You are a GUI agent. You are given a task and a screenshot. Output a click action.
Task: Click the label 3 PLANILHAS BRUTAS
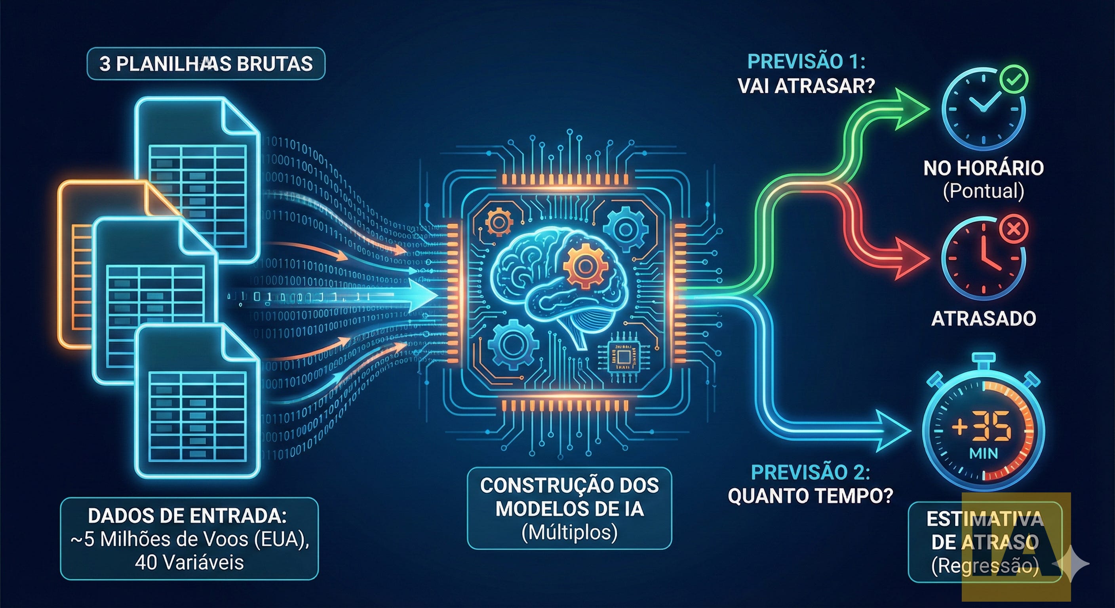pos(206,64)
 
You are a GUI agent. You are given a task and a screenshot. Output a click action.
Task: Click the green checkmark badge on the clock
pos(1014,79)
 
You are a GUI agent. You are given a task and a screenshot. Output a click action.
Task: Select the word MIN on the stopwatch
pos(984,454)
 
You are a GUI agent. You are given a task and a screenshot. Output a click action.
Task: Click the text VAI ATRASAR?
pos(806,86)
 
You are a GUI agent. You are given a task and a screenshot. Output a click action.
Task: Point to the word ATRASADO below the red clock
pos(984,319)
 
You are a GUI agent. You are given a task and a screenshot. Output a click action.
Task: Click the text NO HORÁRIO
pos(984,168)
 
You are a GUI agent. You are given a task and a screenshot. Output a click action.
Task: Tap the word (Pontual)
pos(984,191)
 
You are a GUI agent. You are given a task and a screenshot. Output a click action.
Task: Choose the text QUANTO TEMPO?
pos(810,496)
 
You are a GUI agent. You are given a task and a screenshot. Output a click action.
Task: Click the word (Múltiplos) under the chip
pos(569,533)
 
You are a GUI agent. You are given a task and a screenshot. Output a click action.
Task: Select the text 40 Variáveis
pos(189,562)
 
